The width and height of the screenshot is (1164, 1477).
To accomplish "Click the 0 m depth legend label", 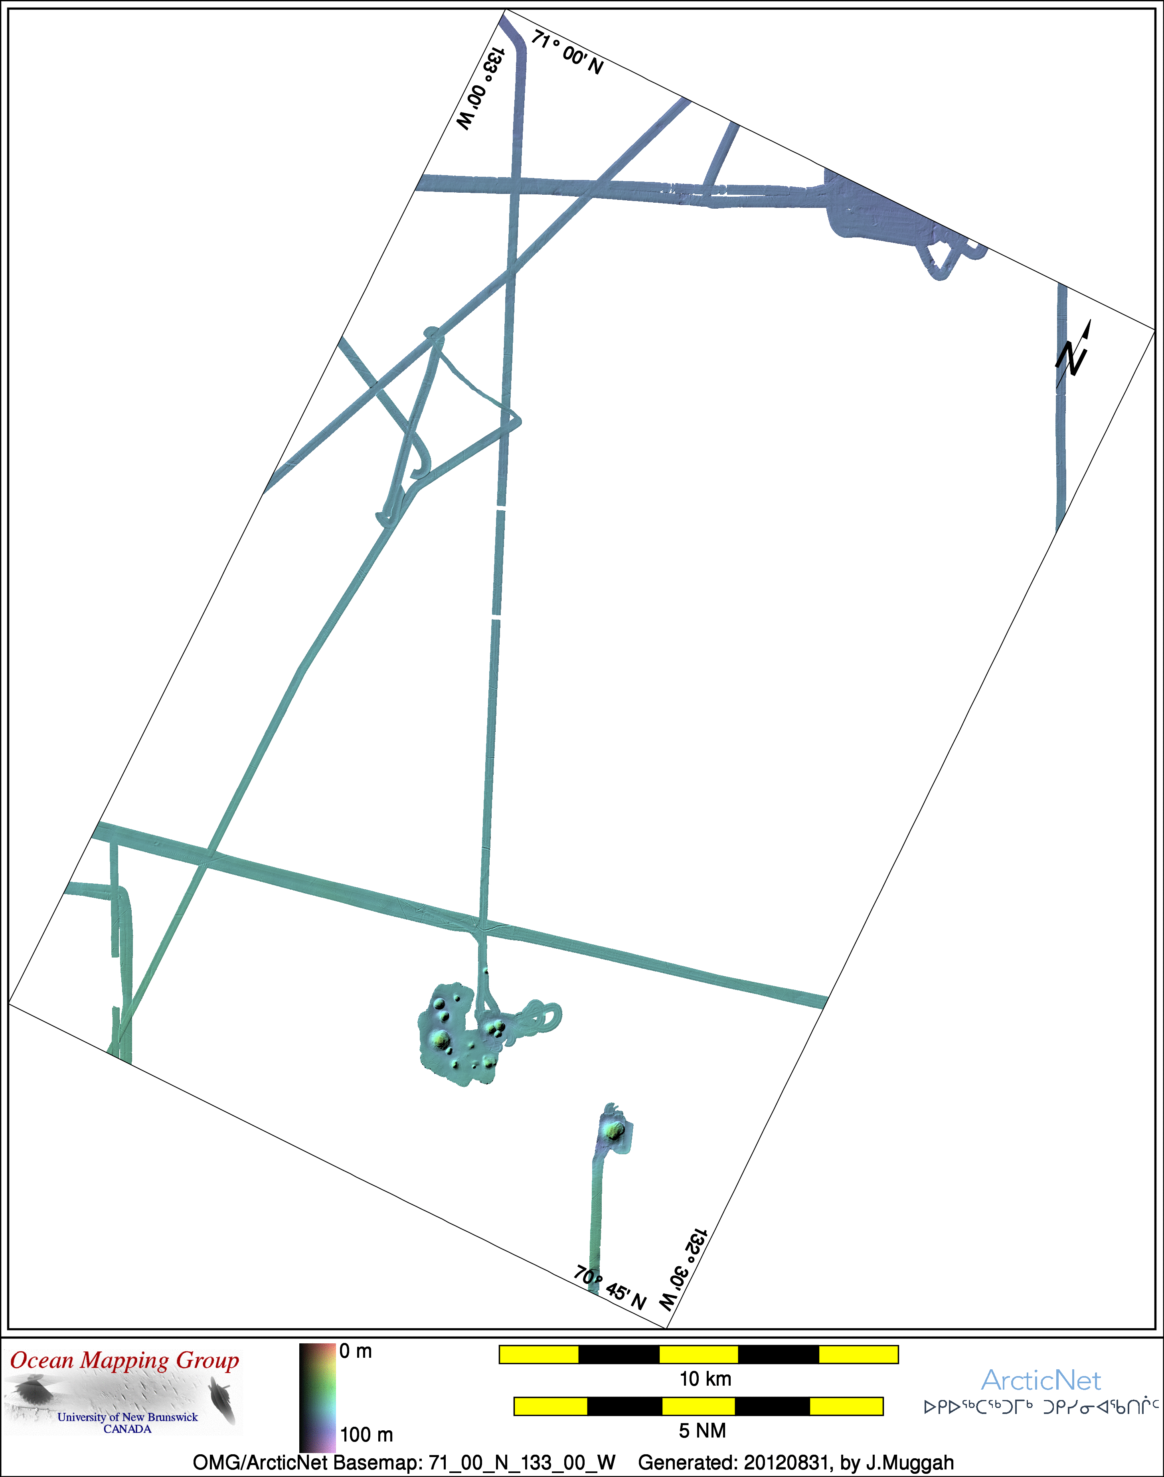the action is [x=356, y=1351].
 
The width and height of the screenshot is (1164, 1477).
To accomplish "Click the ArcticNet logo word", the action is [x=1041, y=1381].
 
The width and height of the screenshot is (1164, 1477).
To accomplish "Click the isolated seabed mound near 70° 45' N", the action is [x=615, y=1131].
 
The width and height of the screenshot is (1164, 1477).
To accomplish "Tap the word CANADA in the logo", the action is [x=127, y=1429].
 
